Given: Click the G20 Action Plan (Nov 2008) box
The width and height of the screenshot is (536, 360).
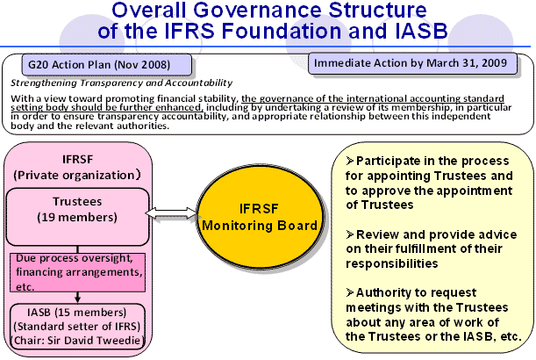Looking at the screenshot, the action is (107, 65).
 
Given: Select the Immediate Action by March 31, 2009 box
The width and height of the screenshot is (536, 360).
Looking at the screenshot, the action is (412, 63).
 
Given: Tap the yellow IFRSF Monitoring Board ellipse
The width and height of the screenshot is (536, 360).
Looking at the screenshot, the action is (260, 216).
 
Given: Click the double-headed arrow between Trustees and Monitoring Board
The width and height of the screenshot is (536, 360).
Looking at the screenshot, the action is (172, 213).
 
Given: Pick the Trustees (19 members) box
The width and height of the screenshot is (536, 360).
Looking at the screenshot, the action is (77, 217).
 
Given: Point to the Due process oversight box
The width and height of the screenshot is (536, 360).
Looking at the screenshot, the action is (77, 272).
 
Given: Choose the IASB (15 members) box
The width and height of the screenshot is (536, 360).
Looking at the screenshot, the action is (77, 327).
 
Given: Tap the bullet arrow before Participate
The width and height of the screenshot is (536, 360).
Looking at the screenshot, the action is (350, 161).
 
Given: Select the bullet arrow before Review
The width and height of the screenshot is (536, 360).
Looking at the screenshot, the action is (350, 234).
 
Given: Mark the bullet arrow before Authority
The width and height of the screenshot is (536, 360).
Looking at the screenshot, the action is (350, 292).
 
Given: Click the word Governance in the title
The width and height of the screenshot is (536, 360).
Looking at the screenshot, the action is (259, 10).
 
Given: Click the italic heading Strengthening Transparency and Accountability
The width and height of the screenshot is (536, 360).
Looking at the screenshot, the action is (121, 83).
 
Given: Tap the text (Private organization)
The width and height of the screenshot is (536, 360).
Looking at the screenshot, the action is (77, 175).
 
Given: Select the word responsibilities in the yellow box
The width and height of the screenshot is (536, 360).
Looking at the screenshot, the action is (392, 263).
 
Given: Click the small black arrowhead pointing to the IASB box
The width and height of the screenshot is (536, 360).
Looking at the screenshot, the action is (77, 299).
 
